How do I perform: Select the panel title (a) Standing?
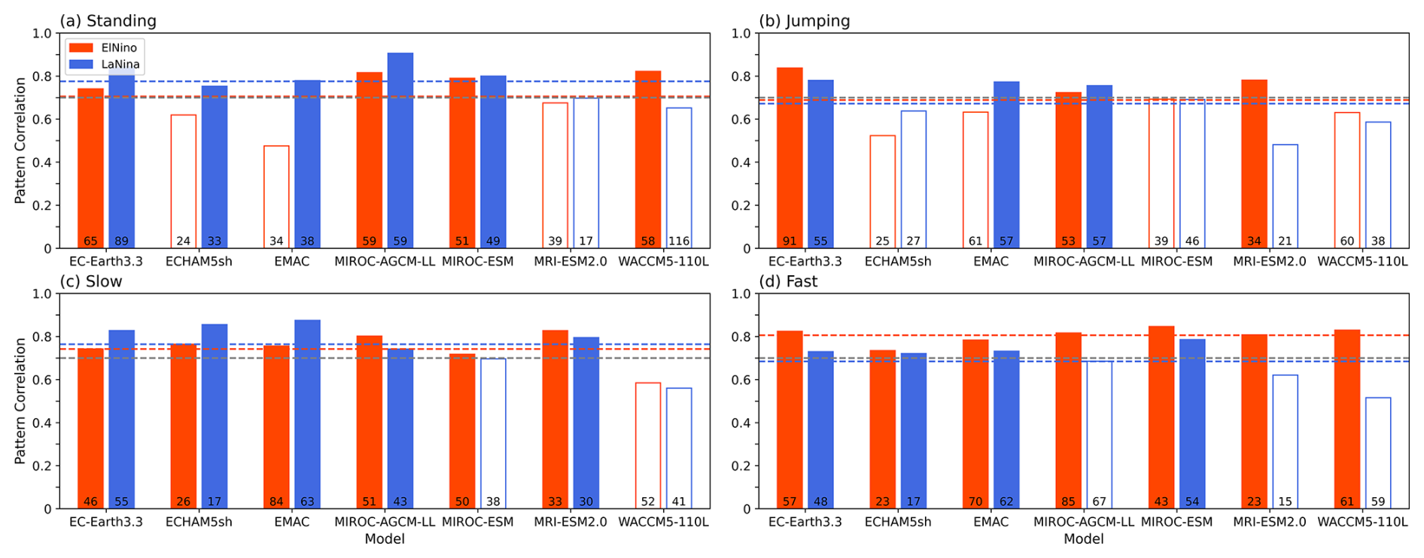click(x=108, y=20)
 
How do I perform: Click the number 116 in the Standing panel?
click(x=678, y=241)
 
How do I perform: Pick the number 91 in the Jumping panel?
click(x=790, y=241)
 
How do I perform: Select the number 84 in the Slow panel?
click(x=276, y=502)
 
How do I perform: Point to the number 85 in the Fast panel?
click(x=1068, y=502)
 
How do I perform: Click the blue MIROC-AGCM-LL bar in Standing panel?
click(x=400, y=150)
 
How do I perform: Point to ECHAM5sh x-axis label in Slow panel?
click(x=199, y=522)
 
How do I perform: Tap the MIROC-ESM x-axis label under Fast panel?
click(x=1176, y=522)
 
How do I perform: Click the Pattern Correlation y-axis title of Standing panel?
click(x=20, y=141)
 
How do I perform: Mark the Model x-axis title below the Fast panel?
click(x=1083, y=538)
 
